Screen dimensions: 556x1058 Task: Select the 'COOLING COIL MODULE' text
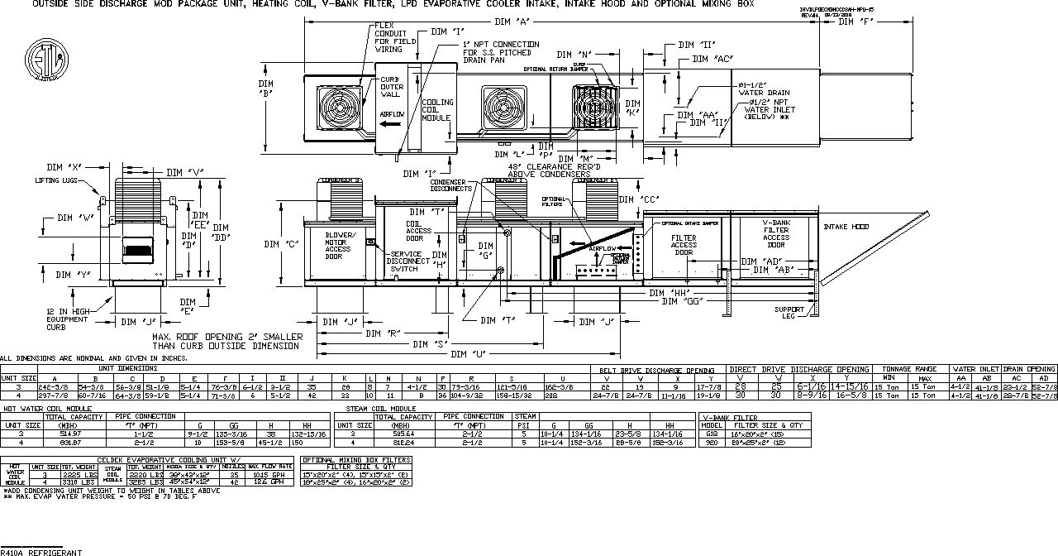pos(436,110)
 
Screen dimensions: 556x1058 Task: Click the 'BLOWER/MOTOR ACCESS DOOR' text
pos(340,246)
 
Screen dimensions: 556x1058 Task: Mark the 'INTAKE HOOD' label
pos(846,227)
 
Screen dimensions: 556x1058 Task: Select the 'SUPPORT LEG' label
pos(789,313)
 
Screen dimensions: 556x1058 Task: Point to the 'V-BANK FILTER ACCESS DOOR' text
pos(775,233)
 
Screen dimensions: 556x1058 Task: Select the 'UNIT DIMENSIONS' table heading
pos(127,367)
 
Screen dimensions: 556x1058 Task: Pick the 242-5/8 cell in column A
pos(55,386)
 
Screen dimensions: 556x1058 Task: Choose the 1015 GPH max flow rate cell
pos(270,475)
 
